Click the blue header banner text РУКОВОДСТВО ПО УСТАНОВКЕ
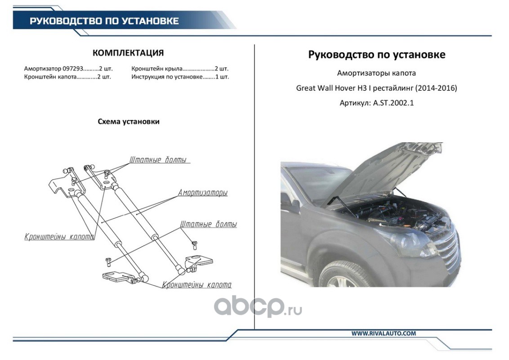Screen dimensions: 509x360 104,21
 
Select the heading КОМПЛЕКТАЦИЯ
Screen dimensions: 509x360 128,53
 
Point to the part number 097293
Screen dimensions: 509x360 73,68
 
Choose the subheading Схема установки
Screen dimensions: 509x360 129,121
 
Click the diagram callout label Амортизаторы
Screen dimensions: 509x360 202,193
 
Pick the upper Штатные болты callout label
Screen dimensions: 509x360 158,160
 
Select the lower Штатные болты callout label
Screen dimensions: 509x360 208,224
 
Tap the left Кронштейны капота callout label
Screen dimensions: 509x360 59,237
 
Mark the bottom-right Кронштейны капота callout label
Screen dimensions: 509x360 196,285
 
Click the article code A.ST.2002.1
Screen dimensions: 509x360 393,103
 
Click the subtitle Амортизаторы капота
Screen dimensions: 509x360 376,73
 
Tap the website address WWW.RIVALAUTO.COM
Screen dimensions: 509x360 384,333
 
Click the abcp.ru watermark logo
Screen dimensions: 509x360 258,307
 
